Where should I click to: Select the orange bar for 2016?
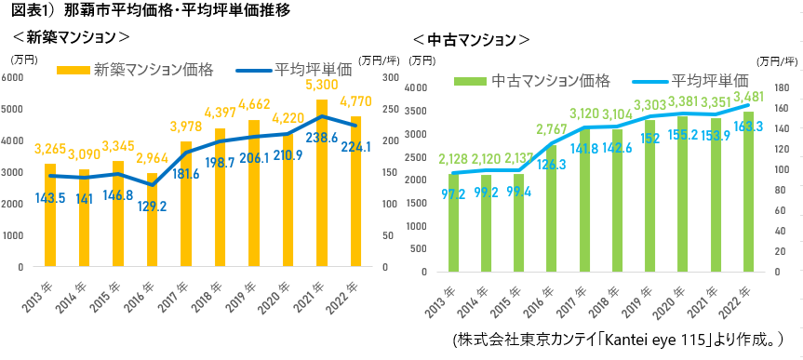pyautogui.click(x=152, y=220)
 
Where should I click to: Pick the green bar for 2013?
pyautogui.click(x=453, y=222)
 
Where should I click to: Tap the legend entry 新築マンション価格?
pyautogui.click(x=135, y=70)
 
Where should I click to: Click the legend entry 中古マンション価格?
pyautogui.click(x=532, y=80)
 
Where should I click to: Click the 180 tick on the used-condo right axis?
pyautogui.click(x=780, y=88)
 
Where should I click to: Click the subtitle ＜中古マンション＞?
pyautogui.click(x=471, y=39)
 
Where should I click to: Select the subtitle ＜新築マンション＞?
pyautogui.click(x=71, y=37)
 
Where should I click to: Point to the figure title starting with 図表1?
pyautogui.click(x=151, y=11)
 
